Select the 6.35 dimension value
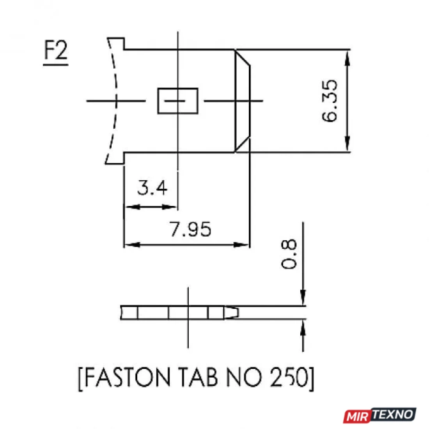pos(330,101)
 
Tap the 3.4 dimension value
pos(152,188)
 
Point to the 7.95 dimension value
pos(190,229)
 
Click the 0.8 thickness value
pos(289,254)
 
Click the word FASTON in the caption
pos(128,377)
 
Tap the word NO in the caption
pos(243,377)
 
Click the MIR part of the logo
pos(357,417)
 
